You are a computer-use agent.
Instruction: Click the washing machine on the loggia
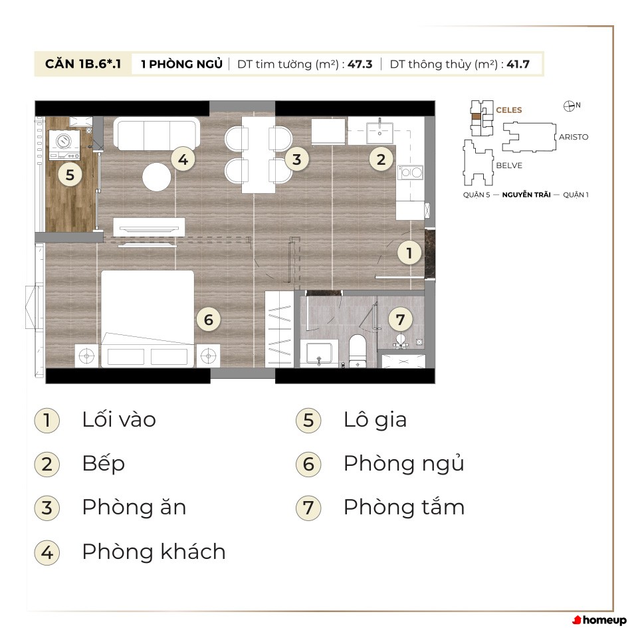pyautogui.click(x=64, y=145)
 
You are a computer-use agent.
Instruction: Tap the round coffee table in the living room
pyautogui.click(x=157, y=177)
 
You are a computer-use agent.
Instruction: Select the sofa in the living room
pyautogui.click(x=157, y=134)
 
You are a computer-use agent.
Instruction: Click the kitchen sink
pyautogui.click(x=379, y=131)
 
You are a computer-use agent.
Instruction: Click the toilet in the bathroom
pyautogui.click(x=358, y=351)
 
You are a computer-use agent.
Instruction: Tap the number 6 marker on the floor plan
pyautogui.click(x=208, y=320)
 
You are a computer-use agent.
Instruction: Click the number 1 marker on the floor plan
pyautogui.click(x=409, y=253)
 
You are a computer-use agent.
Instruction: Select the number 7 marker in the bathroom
pyautogui.click(x=400, y=320)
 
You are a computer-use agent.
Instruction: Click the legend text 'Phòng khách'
pyautogui.click(x=154, y=552)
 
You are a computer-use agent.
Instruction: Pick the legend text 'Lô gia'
pyautogui.click(x=375, y=420)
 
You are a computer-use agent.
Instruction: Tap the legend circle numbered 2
pyautogui.click(x=47, y=465)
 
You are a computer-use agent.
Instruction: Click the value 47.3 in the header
pyautogui.click(x=360, y=64)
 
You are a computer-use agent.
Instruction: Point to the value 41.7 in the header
pyautogui.click(x=518, y=64)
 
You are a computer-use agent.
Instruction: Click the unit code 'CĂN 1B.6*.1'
pyautogui.click(x=83, y=64)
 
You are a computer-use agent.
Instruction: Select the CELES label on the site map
pyautogui.click(x=508, y=110)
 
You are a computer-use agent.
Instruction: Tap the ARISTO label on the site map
pyautogui.click(x=574, y=137)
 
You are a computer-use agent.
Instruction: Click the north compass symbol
pyautogui.click(x=569, y=106)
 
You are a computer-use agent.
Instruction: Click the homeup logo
pyautogui.click(x=599, y=620)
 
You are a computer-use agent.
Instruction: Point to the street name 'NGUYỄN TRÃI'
pyautogui.click(x=526, y=195)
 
